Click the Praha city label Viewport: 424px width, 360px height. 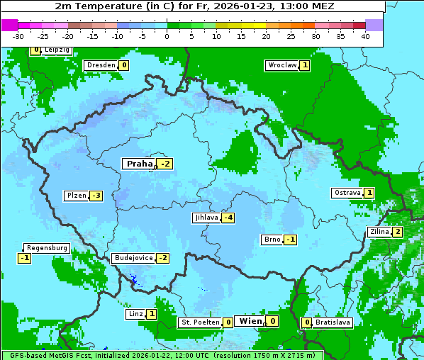point(139,164)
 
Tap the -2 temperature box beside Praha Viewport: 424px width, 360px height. point(165,164)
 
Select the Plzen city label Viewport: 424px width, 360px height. point(76,196)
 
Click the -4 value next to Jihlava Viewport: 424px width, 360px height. point(228,218)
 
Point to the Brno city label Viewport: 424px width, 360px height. point(272,239)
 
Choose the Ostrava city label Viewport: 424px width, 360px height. point(347,193)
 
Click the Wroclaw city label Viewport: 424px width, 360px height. point(281,65)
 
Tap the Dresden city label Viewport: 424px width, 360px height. point(101,65)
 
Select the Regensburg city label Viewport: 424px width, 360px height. point(47,248)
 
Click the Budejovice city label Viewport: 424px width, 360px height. point(133,258)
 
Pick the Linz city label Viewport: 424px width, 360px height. point(135,314)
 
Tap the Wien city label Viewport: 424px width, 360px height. point(250,321)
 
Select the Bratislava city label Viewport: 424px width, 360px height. point(333,322)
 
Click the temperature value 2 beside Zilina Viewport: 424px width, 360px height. point(398,232)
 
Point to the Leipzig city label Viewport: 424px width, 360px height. point(57,50)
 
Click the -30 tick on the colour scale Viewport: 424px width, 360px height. point(18,35)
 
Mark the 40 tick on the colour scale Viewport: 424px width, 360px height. point(365,35)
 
